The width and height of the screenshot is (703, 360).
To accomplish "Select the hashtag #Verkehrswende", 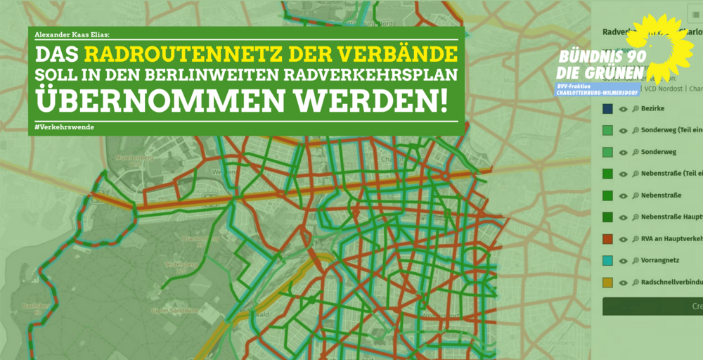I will click(64, 127).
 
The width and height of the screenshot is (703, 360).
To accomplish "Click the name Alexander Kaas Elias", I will click(72, 33).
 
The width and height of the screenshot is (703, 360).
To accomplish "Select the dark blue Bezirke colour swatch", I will click(607, 109).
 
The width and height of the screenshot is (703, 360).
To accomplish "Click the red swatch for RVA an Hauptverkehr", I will click(607, 239).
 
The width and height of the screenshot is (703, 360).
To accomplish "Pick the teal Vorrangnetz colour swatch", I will click(607, 260).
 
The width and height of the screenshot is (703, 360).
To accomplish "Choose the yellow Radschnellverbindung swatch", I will click(607, 282).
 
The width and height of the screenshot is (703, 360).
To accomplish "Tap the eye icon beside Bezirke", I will click(623, 109).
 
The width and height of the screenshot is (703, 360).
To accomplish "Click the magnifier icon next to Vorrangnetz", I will click(635, 260).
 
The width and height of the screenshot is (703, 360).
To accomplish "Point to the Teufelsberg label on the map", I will click(173, 264).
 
